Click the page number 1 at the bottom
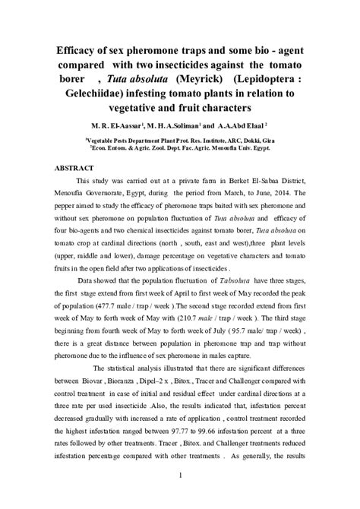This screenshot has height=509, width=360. (180, 476)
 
